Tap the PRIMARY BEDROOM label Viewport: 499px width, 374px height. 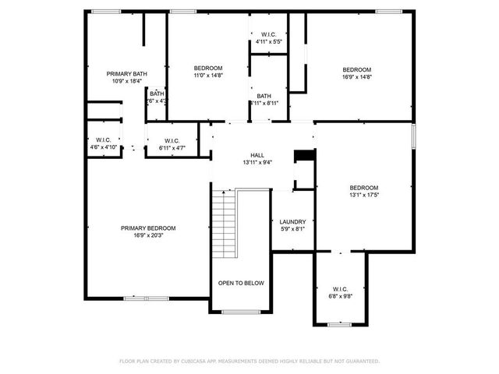[147, 228]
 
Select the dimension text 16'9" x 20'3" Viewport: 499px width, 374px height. [147, 235]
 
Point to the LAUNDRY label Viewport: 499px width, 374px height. [292, 221]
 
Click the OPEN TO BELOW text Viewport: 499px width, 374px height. [241, 283]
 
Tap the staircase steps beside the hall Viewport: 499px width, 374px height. [225, 225]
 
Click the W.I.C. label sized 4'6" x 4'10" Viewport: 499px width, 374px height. [103, 139]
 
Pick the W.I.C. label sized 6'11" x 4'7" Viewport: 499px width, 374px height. [172, 140]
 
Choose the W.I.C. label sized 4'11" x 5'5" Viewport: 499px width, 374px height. [269, 34]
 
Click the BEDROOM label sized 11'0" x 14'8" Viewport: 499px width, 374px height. [208, 68]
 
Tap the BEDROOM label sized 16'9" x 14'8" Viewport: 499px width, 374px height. [356, 69]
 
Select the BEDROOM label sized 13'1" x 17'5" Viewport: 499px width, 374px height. [363, 188]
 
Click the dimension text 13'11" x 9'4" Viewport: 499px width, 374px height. [257, 163]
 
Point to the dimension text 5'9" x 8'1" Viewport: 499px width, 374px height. [292, 229]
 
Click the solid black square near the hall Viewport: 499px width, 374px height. [303, 157]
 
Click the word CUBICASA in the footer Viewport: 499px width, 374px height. [199, 362]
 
